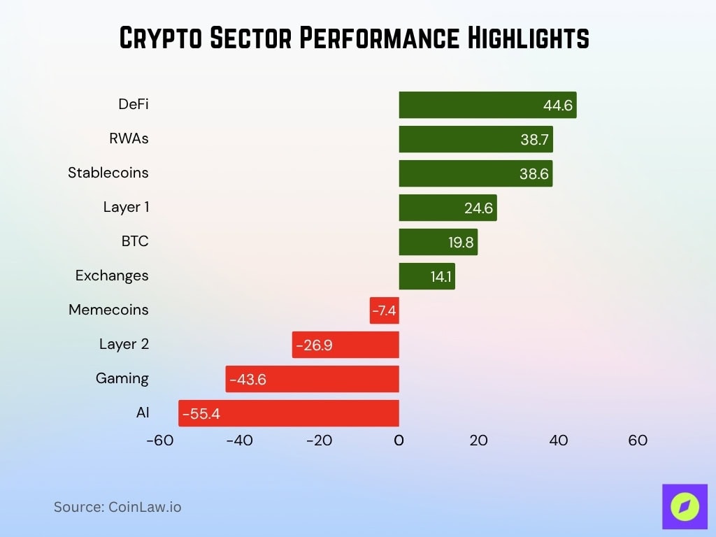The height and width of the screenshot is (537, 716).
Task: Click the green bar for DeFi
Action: (x=487, y=105)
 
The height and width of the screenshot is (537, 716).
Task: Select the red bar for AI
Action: (x=288, y=413)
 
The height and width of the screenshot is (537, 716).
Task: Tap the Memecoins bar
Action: (x=384, y=310)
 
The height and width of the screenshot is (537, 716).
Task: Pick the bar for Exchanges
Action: (x=427, y=276)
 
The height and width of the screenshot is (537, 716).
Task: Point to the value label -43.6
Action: (x=248, y=380)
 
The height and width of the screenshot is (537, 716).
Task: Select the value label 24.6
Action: (x=480, y=208)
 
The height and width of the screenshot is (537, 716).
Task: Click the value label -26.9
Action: (x=314, y=345)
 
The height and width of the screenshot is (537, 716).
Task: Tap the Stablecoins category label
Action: (x=108, y=173)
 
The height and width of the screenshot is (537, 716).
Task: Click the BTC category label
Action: (x=135, y=241)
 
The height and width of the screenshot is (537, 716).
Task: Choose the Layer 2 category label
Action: (x=124, y=344)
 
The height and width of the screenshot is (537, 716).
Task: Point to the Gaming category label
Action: (x=122, y=378)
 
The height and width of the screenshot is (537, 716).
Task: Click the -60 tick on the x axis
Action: (x=159, y=441)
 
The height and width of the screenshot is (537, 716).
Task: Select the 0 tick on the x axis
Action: (x=399, y=441)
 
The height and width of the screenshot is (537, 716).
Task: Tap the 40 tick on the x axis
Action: (x=558, y=441)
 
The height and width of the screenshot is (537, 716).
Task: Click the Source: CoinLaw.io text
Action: (x=117, y=507)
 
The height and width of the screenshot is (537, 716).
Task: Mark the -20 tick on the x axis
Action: (x=318, y=441)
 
